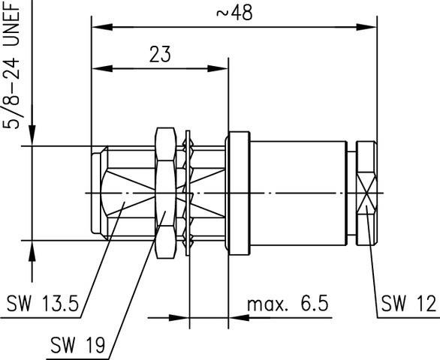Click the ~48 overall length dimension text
click(234, 13)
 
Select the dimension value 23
click(160, 54)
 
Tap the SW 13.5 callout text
click(43, 303)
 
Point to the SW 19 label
click(78, 344)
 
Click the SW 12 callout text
click(408, 303)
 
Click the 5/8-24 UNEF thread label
click(12, 64)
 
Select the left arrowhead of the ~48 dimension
click(102, 27)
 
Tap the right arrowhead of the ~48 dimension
click(366, 27)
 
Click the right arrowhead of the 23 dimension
click(218, 68)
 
